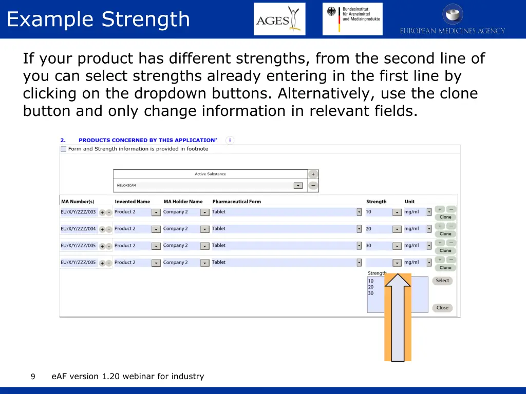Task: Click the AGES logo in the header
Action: point(279,19)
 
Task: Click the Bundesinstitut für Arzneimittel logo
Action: point(352,19)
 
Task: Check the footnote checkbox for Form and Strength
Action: point(63,149)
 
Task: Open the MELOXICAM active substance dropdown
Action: point(298,186)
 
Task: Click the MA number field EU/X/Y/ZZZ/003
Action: point(78,212)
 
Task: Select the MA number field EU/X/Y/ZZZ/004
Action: point(78,229)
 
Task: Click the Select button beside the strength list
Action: point(442,281)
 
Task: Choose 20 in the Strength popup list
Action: point(371,287)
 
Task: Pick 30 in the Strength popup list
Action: point(371,293)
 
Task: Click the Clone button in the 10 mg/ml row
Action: point(445,217)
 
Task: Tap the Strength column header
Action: point(376,202)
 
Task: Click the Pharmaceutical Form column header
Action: point(236,202)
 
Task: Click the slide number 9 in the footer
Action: point(33,377)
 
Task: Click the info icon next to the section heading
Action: point(230,140)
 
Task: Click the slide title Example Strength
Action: point(98,19)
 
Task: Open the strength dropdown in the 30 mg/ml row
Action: point(397,246)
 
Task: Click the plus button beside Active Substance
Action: point(313,174)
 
